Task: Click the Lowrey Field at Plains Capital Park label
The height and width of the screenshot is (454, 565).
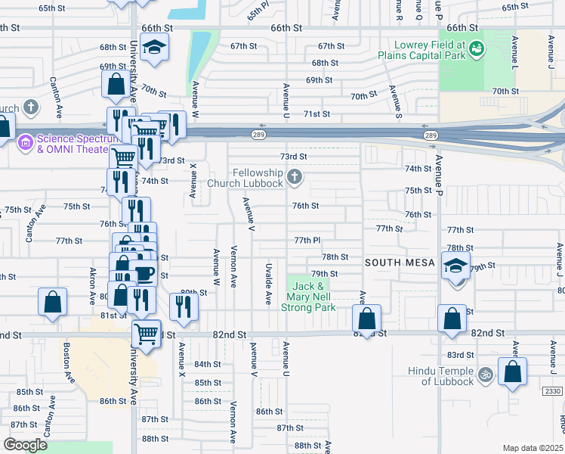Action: click(426, 54)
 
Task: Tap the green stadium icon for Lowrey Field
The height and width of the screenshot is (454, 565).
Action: click(477, 49)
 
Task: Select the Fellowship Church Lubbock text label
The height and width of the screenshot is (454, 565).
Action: click(258, 179)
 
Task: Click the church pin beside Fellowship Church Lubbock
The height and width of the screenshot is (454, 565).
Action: click(295, 179)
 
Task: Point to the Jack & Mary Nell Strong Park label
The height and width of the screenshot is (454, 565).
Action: click(309, 297)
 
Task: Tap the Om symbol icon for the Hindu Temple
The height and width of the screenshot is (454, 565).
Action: click(486, 372)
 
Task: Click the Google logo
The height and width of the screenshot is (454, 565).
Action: click(25, 445)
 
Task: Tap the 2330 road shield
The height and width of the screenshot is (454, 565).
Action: click(553, 390)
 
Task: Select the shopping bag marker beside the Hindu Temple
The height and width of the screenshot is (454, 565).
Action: click(512, 372)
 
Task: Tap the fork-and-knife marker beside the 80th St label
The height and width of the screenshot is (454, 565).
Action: click(184, 306)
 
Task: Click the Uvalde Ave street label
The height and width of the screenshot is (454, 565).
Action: click(268, 284)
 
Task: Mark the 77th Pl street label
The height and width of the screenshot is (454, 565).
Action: click(308, 240)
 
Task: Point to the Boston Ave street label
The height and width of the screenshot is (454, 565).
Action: click(67, 362)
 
